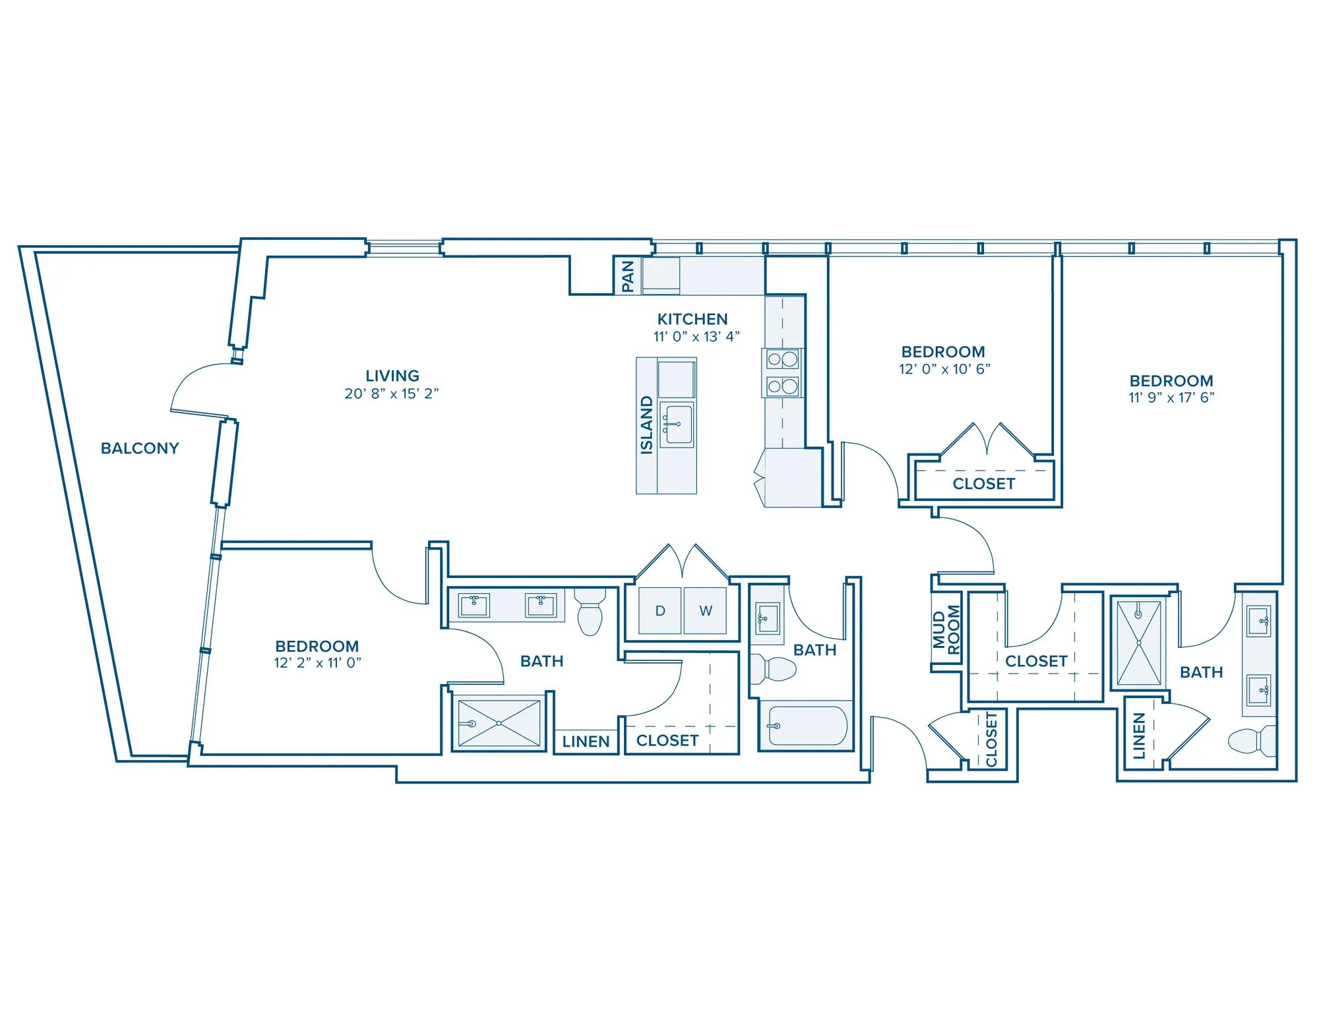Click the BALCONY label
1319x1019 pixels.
(140, 448)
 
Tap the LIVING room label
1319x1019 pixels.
(392, 376)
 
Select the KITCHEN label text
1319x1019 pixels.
(692, 319)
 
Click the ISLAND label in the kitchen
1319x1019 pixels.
(647, 425)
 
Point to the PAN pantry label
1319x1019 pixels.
(628, 276)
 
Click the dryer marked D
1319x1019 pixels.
(660, 610)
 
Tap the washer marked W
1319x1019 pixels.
(706, 610)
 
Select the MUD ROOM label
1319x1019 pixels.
(946, 629)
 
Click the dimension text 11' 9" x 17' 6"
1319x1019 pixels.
(1171, 397)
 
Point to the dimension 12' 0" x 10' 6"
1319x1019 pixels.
(944, 369)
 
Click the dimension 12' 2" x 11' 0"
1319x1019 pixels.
(318, 663)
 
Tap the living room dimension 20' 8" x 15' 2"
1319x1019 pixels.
(392, 394)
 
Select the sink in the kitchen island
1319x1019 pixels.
(677, 424)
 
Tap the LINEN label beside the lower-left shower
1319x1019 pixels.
(586, 742)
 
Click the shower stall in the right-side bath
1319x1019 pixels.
(1138, 643)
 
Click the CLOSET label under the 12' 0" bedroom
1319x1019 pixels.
(983, 484)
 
